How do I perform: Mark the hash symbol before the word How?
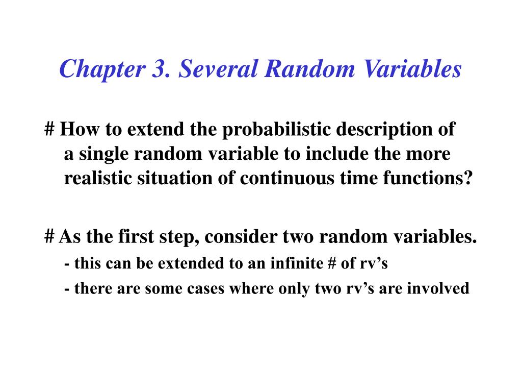tap(49, 130)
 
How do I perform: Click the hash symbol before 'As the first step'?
tap(49, 236)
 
